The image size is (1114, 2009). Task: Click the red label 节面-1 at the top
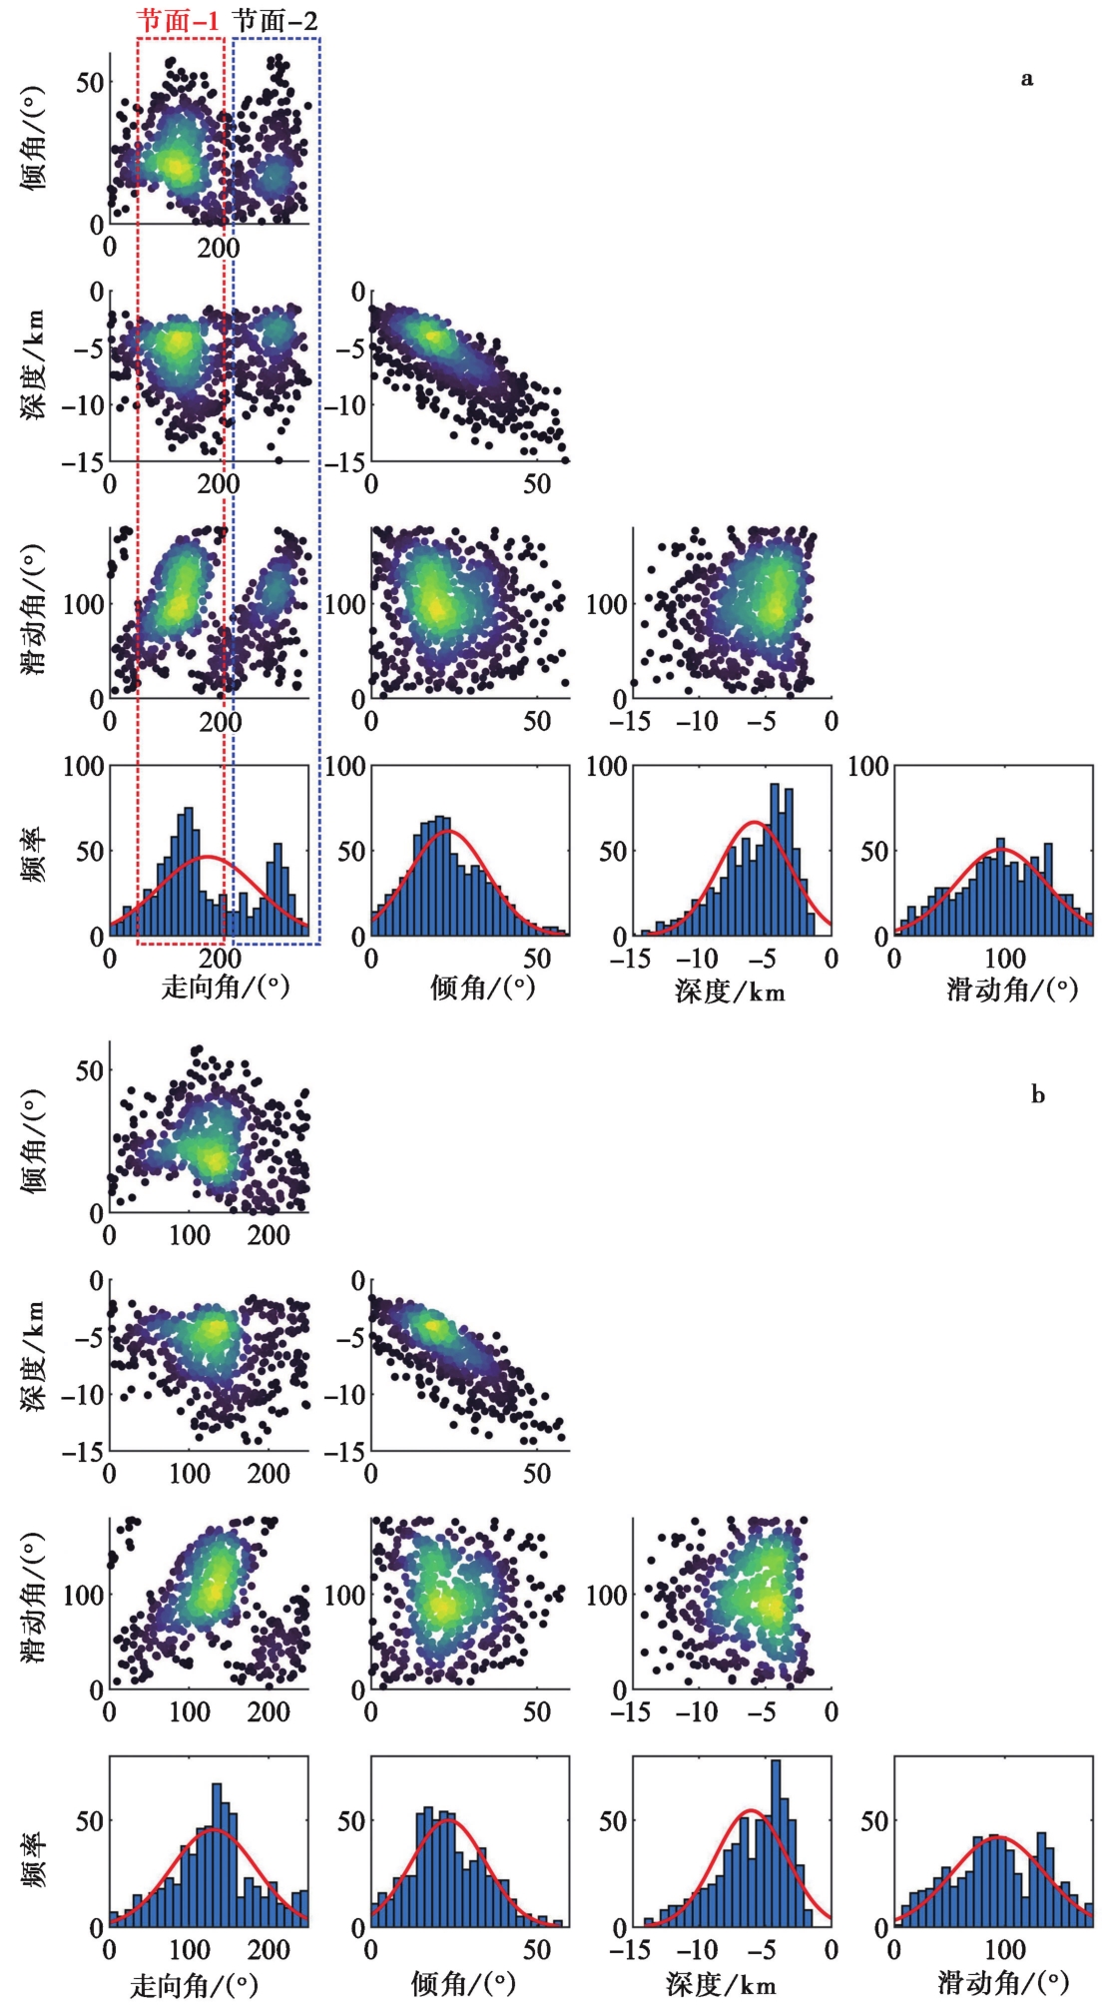(178, 20)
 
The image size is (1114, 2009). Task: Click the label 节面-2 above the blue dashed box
(275, 20)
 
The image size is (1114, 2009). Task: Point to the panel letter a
(1027, 79)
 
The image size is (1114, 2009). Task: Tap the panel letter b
(1038, 1094)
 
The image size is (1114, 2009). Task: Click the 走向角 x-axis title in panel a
(226, 988)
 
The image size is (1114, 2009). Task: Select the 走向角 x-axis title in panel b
(194, 1985)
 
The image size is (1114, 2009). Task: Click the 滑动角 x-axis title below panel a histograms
(1012, 989)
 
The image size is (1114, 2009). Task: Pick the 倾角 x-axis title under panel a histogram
(483, 989)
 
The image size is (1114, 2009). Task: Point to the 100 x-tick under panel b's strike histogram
(189, 1949)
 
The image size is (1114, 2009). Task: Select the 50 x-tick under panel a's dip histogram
(537, 959)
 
